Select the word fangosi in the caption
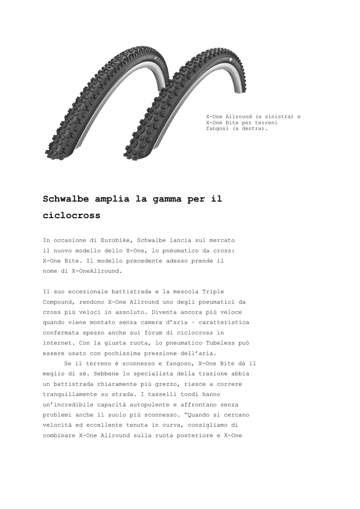pyautogui.click(x=217, y=128)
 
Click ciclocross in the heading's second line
pyautogui.click(x=72, y=216)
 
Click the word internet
pyautogui.click(x=58, y=343)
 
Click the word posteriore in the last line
pyautogui.click(x=188, y=435)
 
